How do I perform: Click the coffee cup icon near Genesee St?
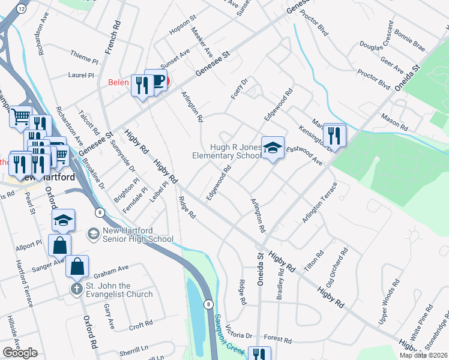[x=158, y=81]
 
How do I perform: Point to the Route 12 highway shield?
[x=22, y=9]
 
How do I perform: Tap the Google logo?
[x=20, y=352]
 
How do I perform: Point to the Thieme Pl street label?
[x=83, y=60]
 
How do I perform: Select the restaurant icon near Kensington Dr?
[x=334, y=135]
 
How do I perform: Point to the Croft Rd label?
[x=140, y=326]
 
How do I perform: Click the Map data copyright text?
[x=425, y=355]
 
